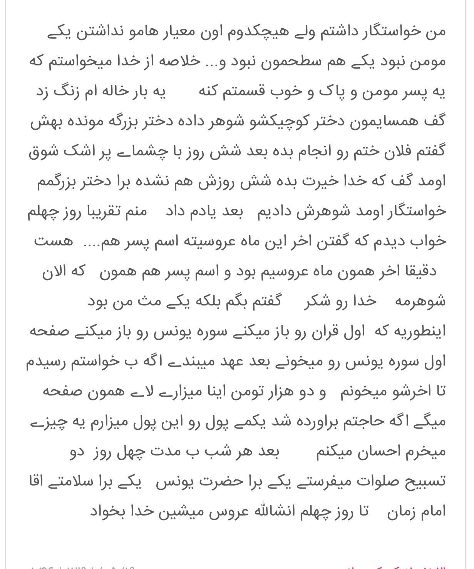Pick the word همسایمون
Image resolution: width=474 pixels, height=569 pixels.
[x=379, y=122]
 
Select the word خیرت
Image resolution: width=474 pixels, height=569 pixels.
[x=314, y=181]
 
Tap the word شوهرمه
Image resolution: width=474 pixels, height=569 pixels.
[x=420, y=301]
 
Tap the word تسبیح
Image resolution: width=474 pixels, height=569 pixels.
[x=421, y=481]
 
